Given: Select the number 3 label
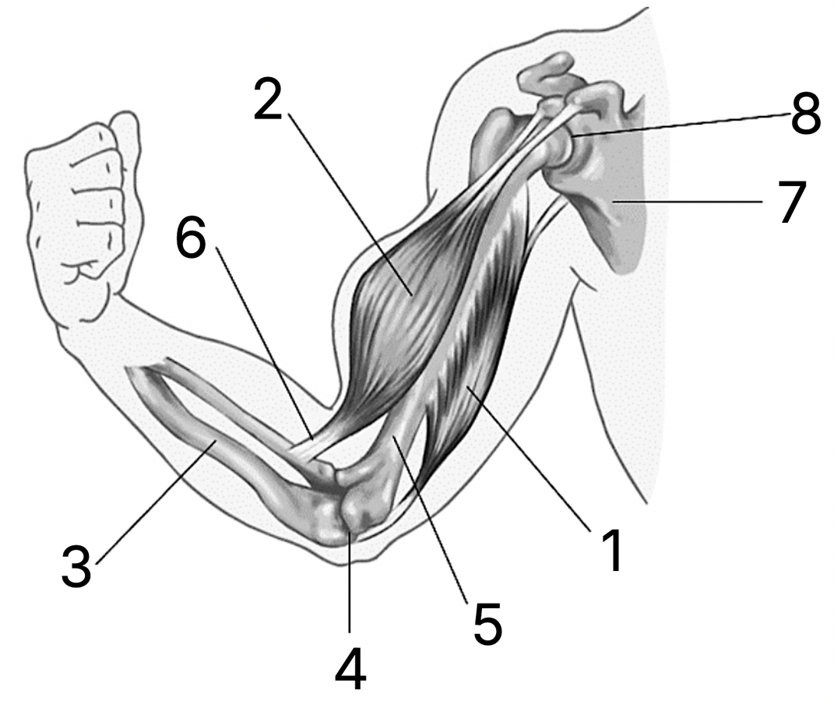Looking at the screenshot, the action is pyautogui.click(x=76, y=566).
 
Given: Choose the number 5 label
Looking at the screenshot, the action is pyautogui.click(x=487, y=623).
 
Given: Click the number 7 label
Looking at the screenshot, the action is pyautogui.click(x=791, y=202).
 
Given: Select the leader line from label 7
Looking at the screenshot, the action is pyautogui.click(x=688, y=202).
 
